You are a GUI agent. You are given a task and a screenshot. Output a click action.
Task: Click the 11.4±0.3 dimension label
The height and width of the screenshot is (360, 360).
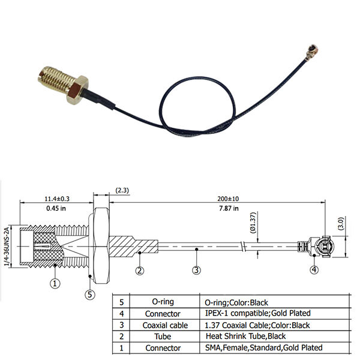[x=56, y=198]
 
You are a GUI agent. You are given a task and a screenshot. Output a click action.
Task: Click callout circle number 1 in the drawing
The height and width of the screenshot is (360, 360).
[x=55, y=283]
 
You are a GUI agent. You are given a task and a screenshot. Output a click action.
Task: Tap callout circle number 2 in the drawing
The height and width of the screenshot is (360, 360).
[x=139, y=270]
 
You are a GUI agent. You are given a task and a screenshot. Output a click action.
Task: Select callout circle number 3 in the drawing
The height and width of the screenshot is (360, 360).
[x=196, y=270]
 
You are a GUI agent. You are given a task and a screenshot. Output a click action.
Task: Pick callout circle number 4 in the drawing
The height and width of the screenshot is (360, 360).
[x=314, y=270]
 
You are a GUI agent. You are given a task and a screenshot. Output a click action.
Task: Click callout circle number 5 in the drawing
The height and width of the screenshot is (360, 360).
[x=89, y=294]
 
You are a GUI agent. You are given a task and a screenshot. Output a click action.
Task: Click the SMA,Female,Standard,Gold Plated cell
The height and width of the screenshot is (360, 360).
[x=264, y=347]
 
